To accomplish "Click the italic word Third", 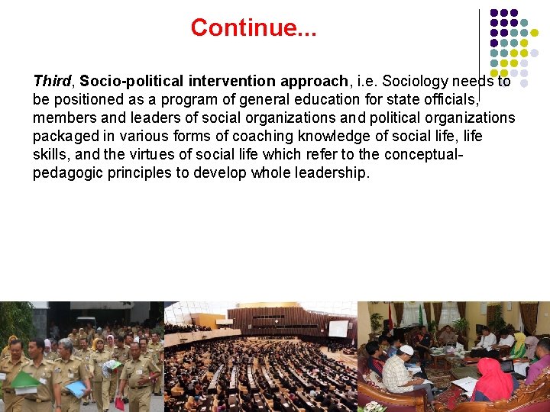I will pyautogui.click(x=52, y=81).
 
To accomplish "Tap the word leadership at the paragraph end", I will pyautogui.click(x=332, y=172).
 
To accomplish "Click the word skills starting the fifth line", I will pyautogui.click(x=50, y=154).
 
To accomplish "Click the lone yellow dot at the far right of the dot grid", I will pyautogui.click(x=535, y=33).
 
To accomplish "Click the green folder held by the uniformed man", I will pyautogui.click(x=24, y=379).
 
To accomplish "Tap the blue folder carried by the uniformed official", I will pyautogui.click(x=76, y=388).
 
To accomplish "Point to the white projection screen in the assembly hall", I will pyautogui.click(x=338, y=328).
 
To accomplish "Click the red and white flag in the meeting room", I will pyautogui.click(x=390, y=316).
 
